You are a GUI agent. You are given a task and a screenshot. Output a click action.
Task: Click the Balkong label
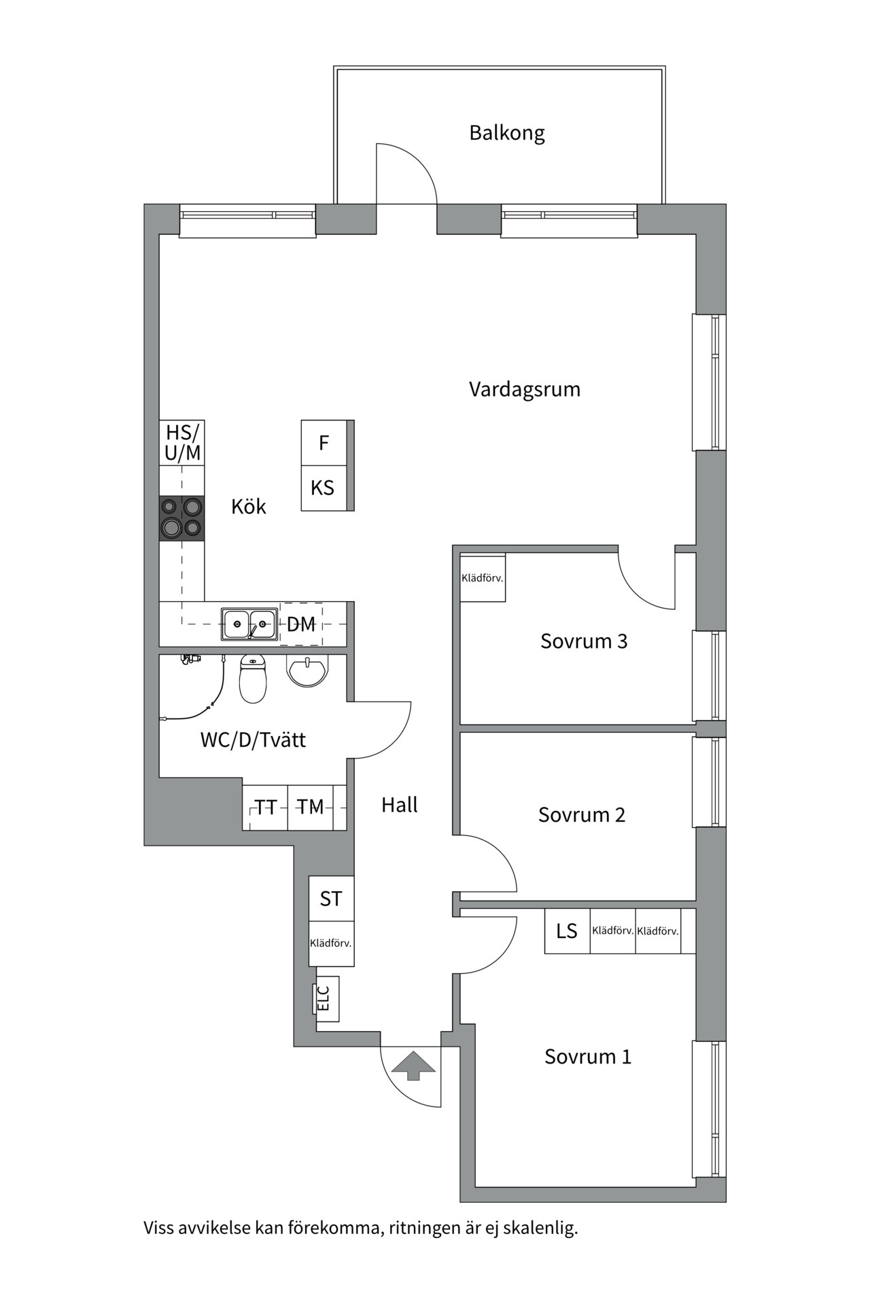507,133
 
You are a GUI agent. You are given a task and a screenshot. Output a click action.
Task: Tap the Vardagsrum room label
525,390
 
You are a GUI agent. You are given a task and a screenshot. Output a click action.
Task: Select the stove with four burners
181,518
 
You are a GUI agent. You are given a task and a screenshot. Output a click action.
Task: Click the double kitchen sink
249,623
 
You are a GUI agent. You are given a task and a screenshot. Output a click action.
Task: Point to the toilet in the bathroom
253,680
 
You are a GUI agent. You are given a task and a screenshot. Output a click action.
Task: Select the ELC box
326,998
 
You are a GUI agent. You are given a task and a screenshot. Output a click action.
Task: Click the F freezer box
324,443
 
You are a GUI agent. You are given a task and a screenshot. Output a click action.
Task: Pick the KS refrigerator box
324,488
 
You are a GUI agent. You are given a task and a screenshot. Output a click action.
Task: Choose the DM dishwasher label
301,624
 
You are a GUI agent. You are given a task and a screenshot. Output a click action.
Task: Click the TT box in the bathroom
265,807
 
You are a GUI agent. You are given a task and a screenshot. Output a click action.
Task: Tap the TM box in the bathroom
310,807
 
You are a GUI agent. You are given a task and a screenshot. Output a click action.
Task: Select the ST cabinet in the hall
331,899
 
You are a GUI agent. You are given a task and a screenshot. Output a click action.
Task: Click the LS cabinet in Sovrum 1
567,931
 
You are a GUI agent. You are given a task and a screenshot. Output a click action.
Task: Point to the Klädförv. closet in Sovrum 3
483,579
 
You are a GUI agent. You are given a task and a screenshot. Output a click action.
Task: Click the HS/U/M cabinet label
182,442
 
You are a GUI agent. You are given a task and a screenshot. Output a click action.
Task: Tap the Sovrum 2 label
582,815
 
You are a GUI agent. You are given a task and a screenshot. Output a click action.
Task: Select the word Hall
400,805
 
